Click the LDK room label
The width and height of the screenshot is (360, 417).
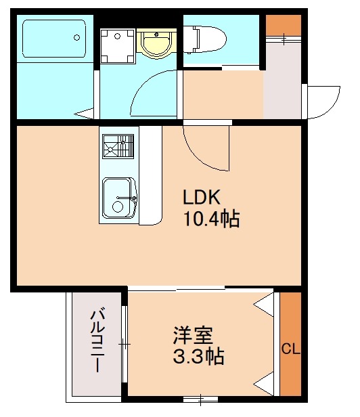(x=201, y=198)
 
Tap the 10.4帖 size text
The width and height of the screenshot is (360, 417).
(x=210, y=219)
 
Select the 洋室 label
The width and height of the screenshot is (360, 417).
(x=193, y=336)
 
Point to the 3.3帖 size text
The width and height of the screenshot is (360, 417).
(x=198, y=356)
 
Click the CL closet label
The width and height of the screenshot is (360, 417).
(x=290, y=349)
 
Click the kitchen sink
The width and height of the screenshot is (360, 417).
(x=120, y=198)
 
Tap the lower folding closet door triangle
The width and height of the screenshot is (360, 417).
(x=265, y=385)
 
